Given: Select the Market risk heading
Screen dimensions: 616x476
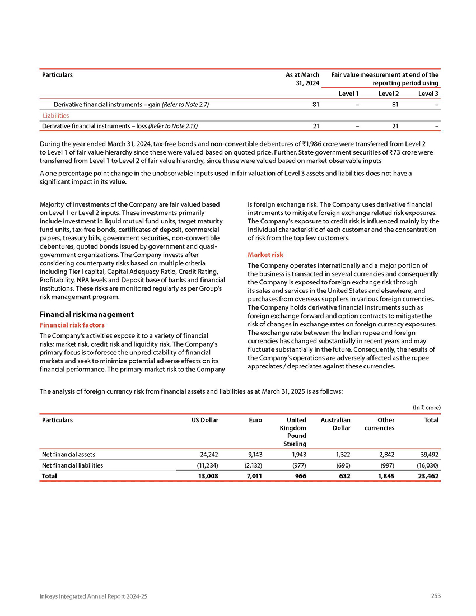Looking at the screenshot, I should coord(265,255).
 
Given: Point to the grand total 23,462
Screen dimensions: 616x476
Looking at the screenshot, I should coord(425,476).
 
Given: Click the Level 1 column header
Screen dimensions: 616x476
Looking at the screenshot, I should coord(349,92).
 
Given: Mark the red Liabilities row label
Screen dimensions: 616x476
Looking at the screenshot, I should coord(56,115).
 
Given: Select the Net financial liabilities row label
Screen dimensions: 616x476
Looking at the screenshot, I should coord(72,465).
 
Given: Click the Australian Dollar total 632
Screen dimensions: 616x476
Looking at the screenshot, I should coord(343,476).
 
